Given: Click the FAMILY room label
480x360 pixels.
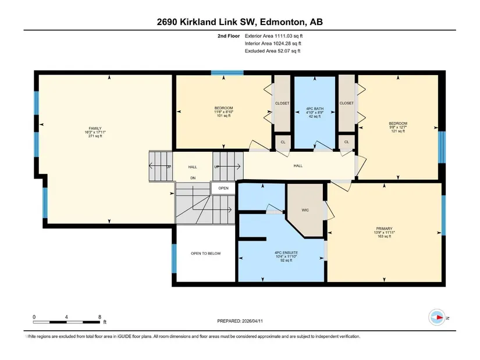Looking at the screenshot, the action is [x=95, y=129].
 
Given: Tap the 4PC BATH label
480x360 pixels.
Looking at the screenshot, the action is [x=315, y=109].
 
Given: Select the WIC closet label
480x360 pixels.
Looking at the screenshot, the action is [x=305, y=210].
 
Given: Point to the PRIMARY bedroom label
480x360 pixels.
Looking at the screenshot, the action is [x=384, y=229].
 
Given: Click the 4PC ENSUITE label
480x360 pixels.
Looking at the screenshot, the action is [x=286, y=253].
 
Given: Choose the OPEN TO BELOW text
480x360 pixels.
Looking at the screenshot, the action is [x=206, y=254].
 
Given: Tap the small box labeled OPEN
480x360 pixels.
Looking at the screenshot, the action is [x=223, y=188].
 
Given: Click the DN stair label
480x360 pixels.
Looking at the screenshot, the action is [x=193, y=178].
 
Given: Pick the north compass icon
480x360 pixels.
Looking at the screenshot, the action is [x=437, y=318].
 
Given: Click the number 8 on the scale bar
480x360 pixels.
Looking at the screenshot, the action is [x=99, y=317].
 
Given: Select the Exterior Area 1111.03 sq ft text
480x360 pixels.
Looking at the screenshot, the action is [x=273, y=36].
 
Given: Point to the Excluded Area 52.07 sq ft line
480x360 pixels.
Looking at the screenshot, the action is [x=272, y=51].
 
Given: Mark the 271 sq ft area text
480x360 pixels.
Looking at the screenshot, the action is [x=95, y=136].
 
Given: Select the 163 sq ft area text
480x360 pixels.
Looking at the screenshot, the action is [x=384, y=236].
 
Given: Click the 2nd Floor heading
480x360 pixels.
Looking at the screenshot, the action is [x=229, y=36].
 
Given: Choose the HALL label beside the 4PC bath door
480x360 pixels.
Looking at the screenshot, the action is [x=298, y=166].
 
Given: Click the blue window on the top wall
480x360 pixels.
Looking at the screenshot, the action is [x=227, y=73].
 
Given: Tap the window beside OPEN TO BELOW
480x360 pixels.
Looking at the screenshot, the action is [x=174, y=258].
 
